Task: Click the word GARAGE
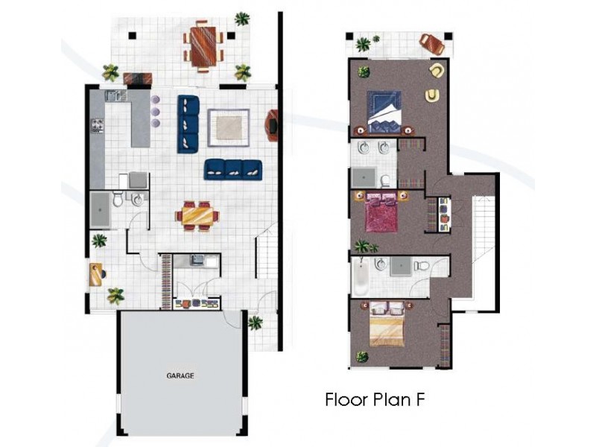[180, 375]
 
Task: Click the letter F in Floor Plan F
[419, 400]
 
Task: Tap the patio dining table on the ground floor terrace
[203, 45]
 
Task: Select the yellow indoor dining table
[197, 216]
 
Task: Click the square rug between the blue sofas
[229, 127]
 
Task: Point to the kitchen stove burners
[97, 125]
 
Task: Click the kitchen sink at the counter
[116, 95]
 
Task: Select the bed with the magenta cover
[381, 212]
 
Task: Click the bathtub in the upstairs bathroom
[361, 276]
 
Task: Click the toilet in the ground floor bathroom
[118, 198]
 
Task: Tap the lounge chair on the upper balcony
[432, 44]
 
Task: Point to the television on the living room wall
[273, 125]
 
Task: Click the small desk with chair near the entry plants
[98, 274]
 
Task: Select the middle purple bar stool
[156, 111]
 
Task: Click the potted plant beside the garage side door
[256, 323]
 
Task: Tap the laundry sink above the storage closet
[197, 260]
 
